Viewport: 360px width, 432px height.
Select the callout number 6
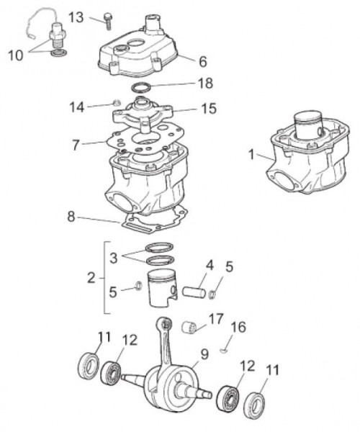click(202, 61)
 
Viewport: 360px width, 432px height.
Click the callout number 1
click(251, 153)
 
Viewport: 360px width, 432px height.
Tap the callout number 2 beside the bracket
click(91, 277)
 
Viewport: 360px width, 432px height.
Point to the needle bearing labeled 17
click(192, 328)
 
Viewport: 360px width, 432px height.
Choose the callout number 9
click(204, 354)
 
